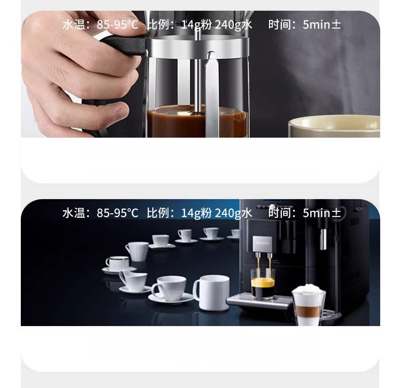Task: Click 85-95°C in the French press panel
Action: point(117,25)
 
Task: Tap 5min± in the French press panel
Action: point(322,25)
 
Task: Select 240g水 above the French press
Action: point(233,25)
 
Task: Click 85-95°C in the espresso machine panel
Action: point(117,213)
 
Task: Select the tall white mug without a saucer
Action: point(212,293)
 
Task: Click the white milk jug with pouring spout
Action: point(133,280)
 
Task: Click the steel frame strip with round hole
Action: point(212,96)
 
